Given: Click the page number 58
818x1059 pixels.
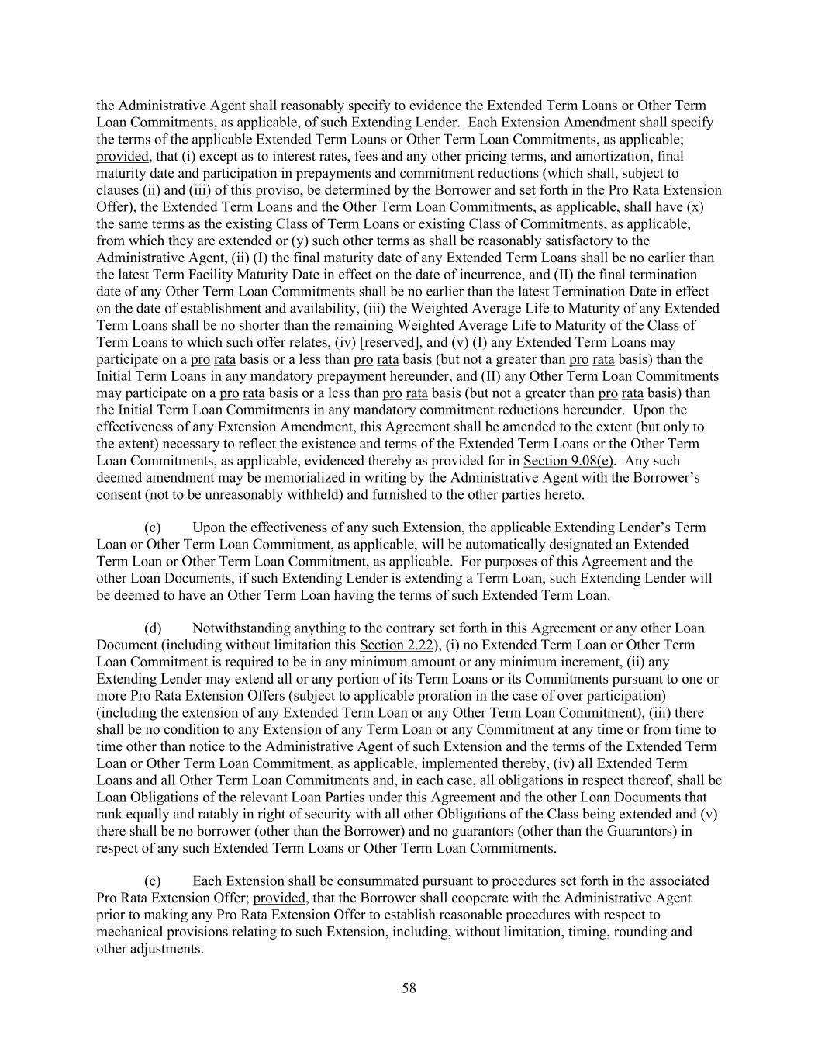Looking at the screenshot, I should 409,988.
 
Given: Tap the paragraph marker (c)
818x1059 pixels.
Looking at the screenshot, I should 153,528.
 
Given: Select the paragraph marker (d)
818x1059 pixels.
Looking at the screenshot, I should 153,628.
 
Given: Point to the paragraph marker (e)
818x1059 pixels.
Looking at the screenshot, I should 153,881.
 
